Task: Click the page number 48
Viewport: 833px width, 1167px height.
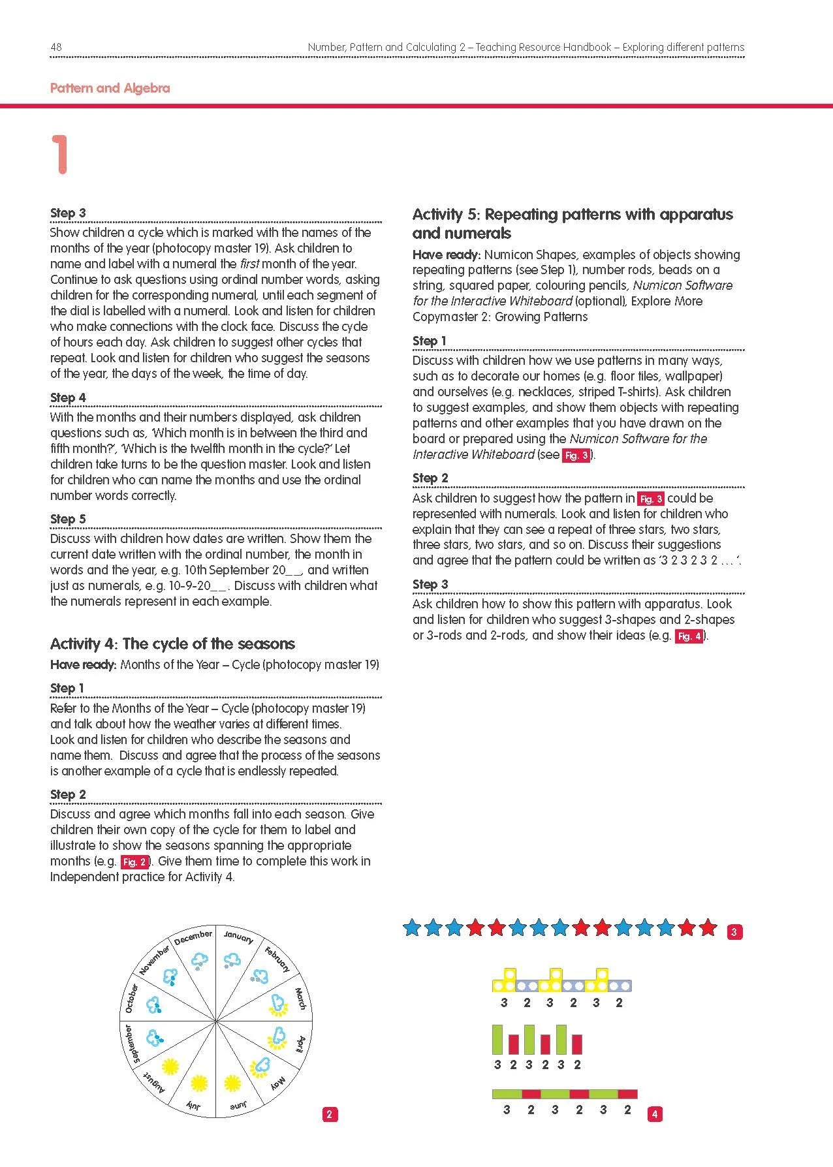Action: (x=55, y=47)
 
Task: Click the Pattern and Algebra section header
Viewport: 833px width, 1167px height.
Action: (x=110, y=88)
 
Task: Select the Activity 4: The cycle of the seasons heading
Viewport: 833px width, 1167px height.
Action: (x=172, y=644)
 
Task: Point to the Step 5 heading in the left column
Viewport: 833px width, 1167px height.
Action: (x=68, y=519)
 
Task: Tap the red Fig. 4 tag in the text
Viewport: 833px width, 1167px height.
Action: (x=689, y=636)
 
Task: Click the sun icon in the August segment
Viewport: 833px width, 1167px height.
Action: (x=170, y=1068)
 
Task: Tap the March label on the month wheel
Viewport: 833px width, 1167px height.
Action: (x=299, y=999)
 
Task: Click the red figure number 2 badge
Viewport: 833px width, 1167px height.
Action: (x=329, y=1115)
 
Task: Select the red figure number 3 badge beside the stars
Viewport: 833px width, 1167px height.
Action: (x=734, y=933)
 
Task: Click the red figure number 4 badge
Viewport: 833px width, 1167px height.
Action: (x=655, y=1115)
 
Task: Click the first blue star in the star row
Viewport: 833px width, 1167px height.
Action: (x=411, y=926)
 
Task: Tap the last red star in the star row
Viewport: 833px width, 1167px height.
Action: (x=708, y=926)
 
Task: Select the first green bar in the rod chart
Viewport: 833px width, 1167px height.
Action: (x=497, y=1040)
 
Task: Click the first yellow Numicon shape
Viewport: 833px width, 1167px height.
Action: (x=504, y=980)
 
